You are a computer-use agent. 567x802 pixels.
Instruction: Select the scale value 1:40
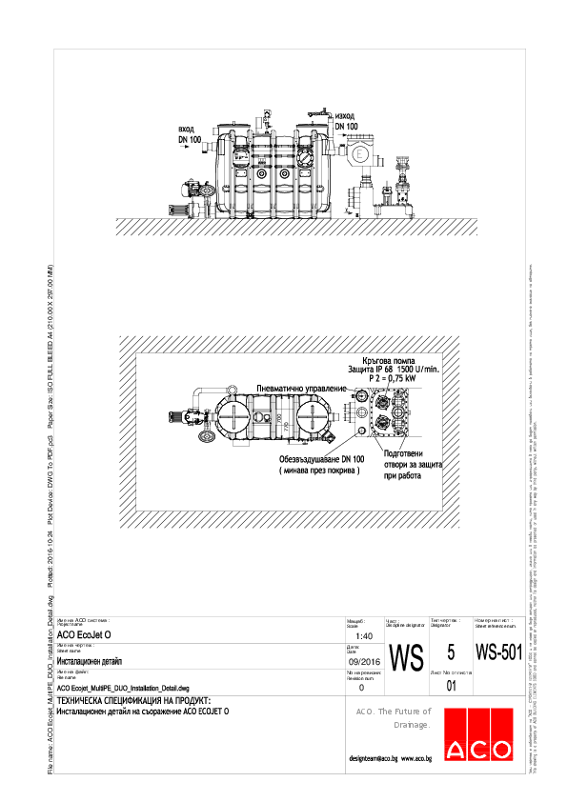pos(363,635)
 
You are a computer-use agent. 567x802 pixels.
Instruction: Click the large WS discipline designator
pos(406,657)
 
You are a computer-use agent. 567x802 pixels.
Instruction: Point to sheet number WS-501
pos(498,652)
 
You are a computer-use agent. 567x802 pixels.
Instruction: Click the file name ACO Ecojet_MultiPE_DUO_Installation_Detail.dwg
pos(123,687)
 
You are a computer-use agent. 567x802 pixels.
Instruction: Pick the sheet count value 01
pos(452,684)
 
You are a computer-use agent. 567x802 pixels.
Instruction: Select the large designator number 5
pos(452,652)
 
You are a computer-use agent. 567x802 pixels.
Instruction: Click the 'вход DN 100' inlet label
pos(190,134)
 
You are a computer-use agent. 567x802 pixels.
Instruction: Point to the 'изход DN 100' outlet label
pos(346,120)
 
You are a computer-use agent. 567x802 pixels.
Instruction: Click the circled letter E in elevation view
pos(360,154)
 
